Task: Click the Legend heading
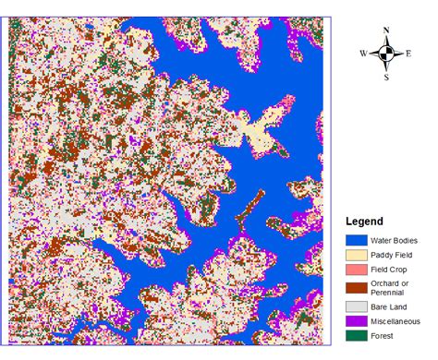click(x=364, y=222)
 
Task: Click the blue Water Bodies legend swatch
click(x=358, y=240)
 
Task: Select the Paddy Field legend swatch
click(x=358, y=254)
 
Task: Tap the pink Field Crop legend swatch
click(x=358, y=269)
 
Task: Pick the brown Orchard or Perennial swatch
click(x=358, y=286)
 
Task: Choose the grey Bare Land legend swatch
click(x=358, y=306)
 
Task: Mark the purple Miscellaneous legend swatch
click(x=358, y=320)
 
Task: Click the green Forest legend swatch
click(x=358, y=335)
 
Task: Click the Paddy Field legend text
click(x=391, y=254)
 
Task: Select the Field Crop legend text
click(x=388, y=269)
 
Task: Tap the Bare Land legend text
click(x=388, y=306)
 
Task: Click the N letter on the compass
click(x=386, y=30)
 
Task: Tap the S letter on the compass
click(x=386, y=78)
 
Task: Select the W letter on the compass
click(x=363, y=54)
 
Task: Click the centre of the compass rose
click(x=386, y=54)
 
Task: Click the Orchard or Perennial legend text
click(x=393, y=286)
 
